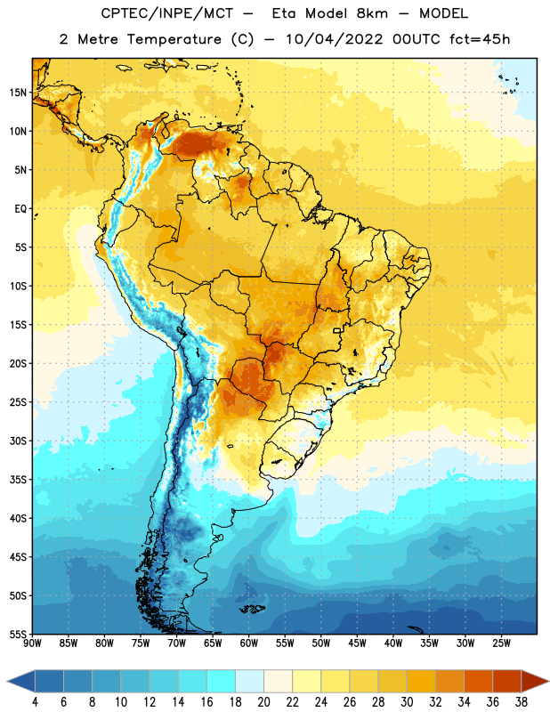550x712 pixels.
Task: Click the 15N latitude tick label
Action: (x=18, y=93)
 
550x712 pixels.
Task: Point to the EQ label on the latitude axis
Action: (x=20, y=209)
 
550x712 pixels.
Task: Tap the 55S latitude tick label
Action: (x=18, y=634)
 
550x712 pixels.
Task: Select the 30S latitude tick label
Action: (x=18, y=441)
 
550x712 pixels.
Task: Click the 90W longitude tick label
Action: (x=33, y=643)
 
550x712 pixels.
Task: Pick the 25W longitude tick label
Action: (x=502, y=643)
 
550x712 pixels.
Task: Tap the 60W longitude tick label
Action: (x=249, y=643)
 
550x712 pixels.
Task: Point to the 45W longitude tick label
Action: (x=358, y=643)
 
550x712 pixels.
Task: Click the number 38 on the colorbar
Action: (x=522, y=702)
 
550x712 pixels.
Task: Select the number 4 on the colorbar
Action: (x=35, y=702)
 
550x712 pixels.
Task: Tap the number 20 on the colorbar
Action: (x=263, y=702)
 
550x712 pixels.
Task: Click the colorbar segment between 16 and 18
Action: (x=222, y=682)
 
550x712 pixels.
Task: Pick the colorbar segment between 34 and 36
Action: (x=479, y=682)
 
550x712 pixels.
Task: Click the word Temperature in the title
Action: (x=174, y=39)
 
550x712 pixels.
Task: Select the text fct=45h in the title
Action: (x=480, y=39)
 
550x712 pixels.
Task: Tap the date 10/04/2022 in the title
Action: (x=335, y=39)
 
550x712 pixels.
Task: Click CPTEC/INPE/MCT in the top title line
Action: (x=167, y=13)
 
